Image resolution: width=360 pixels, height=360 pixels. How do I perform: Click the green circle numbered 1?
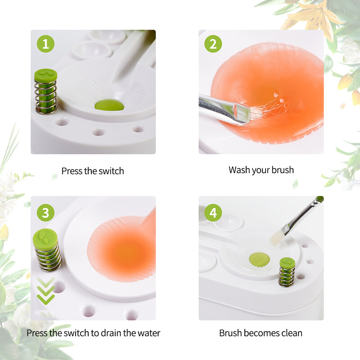tap(46, 44)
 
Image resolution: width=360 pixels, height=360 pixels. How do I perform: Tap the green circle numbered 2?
tap(213, 44)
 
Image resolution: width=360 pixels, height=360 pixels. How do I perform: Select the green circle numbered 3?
tap(46, 212)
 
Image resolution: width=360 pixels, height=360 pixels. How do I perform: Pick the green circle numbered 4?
tap(213, 212)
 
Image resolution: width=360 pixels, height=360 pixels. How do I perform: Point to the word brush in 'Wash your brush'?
tap(283, 170)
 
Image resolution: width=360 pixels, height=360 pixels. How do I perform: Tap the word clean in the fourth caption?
tap(292, 333)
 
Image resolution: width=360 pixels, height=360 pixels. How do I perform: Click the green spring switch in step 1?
tap(46, 91)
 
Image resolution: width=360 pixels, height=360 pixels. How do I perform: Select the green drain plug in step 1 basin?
tap(109, 105)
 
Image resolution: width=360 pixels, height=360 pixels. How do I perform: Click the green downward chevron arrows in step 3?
tap(46, 291)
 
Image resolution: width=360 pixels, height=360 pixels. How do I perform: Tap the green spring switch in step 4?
tap(287, 272)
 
